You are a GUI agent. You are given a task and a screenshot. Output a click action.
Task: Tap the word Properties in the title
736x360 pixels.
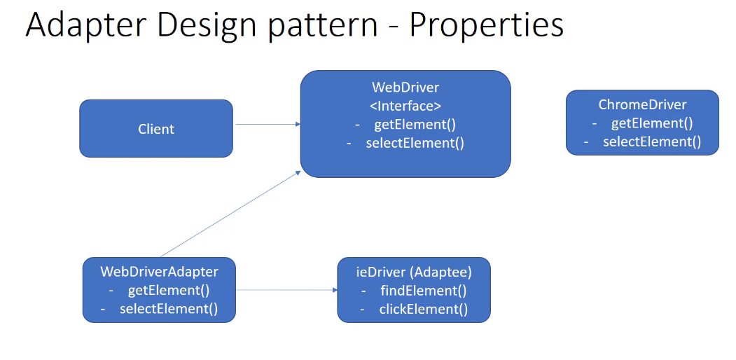487,25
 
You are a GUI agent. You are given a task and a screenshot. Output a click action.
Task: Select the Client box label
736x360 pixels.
156,129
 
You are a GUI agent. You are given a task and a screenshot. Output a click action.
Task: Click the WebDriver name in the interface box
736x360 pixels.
405,88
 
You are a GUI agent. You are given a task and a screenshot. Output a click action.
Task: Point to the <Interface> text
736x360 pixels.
405,106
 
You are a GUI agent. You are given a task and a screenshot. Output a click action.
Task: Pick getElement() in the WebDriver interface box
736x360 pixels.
415,125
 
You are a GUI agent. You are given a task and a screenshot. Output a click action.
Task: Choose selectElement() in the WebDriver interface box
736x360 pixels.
415,143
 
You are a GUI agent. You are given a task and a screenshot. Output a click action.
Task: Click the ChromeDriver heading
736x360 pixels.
642,104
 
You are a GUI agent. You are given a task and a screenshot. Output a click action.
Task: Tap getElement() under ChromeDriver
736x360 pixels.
651,123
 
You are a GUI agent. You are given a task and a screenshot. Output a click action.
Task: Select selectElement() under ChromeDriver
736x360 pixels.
651,141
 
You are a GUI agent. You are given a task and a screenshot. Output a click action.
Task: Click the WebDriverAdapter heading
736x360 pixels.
159,272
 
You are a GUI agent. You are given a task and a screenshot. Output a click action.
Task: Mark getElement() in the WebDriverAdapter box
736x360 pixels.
168,290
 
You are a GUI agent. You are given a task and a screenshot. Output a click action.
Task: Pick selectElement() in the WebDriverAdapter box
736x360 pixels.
168,309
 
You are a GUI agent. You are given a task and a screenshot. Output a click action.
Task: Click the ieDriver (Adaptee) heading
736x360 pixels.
414,272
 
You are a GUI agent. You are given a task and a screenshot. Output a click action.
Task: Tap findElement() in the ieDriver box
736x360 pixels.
423,290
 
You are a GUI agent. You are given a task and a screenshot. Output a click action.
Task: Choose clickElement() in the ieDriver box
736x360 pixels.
423,309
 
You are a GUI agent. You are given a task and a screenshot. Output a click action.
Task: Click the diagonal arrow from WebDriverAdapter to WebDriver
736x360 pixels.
230,214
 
